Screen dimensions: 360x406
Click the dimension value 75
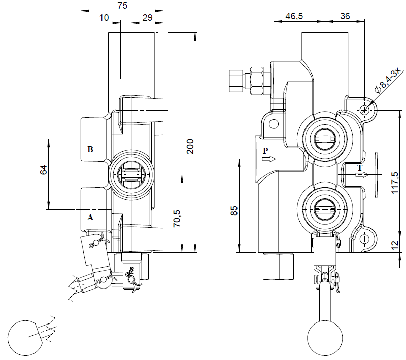[122, 5]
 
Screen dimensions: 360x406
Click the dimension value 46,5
[294, 16]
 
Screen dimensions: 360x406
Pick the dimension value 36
[345, 16]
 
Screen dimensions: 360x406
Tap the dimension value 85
[234, 210]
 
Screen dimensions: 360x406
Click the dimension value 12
[395, 245]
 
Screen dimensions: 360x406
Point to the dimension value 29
[148, 17]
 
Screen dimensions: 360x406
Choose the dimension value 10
[104, 17]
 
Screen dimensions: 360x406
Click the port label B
[90, 149]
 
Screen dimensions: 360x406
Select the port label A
[90, 217]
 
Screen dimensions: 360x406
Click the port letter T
[359, 167]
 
